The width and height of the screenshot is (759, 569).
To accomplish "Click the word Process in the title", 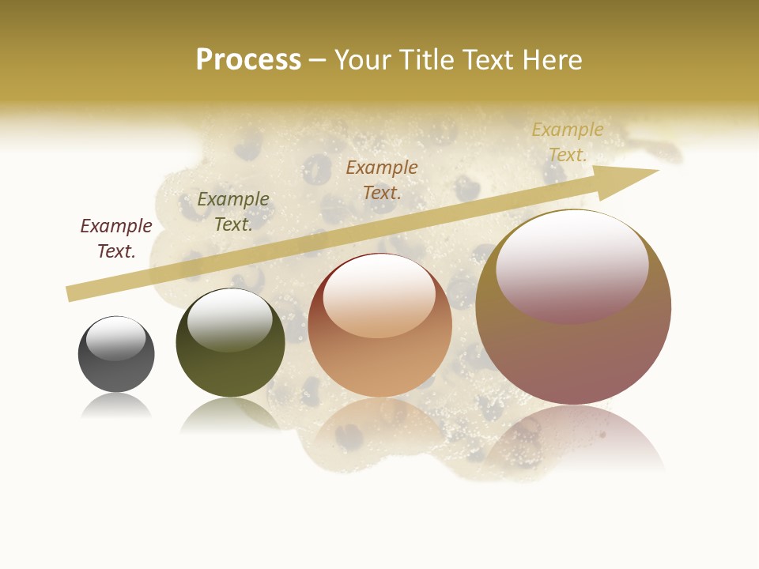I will [248, 60].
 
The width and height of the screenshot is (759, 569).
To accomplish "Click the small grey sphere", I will [116, 354].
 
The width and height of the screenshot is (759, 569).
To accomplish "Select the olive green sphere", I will [230, 343].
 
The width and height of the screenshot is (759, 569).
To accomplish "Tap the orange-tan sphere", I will [379, 326].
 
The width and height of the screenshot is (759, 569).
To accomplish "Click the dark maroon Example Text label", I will [116, 239].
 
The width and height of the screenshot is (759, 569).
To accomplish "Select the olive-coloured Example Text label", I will [233, 212].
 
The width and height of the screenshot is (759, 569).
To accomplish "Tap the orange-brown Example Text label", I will [382, 180].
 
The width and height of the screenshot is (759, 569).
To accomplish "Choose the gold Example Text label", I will [567, 142].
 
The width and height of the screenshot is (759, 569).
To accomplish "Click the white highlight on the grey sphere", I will [115, 338].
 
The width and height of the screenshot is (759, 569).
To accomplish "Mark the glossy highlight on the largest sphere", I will [572, 265].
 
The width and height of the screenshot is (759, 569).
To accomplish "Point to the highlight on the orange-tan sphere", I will [379, 296].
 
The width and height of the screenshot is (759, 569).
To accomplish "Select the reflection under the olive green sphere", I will [229, 415].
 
